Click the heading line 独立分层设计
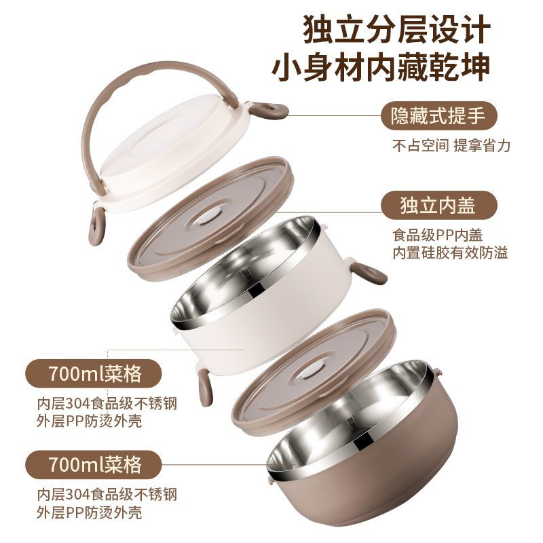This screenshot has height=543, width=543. click(397, 29)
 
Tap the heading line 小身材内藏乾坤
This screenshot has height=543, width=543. click(381, 67)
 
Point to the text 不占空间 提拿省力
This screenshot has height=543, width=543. click(451, 145)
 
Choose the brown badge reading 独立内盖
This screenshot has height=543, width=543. click(438, 206)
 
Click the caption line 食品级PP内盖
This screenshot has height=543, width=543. click(437, 235)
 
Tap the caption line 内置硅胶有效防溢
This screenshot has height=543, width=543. click(450, 252)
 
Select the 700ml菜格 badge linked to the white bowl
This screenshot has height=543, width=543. click(94, 374)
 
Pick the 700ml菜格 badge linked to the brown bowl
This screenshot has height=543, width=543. click(94, 465)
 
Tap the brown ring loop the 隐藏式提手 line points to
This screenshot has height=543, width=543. click(269, 111)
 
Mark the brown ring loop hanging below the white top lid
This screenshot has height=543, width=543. click(96, 225)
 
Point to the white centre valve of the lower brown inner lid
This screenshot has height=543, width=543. click(311, 372)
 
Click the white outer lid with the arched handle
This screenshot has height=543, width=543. click(173, 152)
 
